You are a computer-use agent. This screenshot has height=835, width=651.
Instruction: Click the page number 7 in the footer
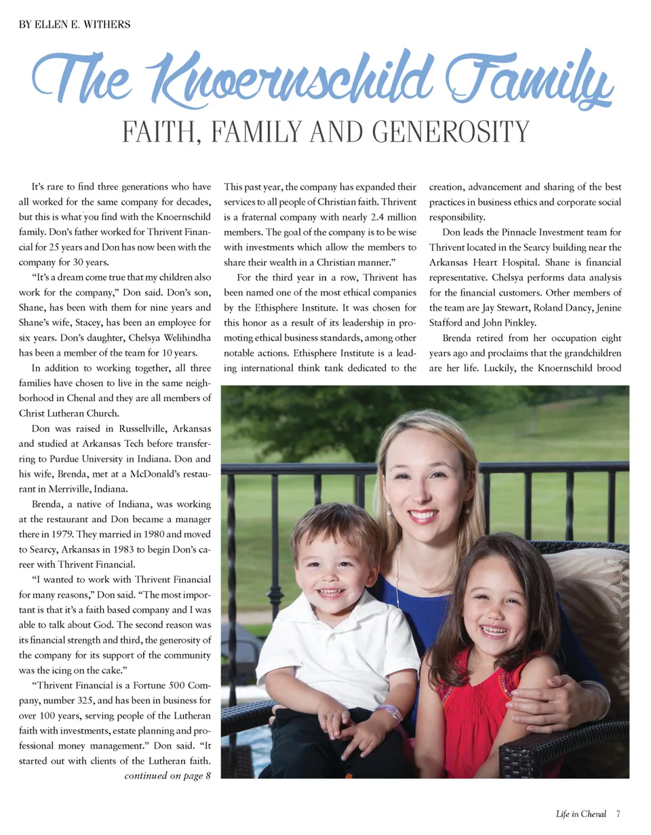pyautogui.click(x=618, y=814)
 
